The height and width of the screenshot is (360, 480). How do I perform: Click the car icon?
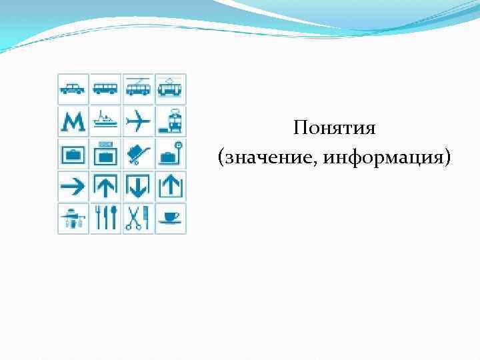(73, 88)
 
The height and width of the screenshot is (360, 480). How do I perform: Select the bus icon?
(105, 88)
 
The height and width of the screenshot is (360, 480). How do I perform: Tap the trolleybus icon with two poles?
(138, 88)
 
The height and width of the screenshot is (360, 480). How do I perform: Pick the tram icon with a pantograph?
(171, 88)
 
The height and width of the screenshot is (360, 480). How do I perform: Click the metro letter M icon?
(73, 121)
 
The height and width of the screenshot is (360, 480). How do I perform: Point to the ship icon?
(105, 121)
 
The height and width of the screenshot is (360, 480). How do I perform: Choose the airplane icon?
(138, 121)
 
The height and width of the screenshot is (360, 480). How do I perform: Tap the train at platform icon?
(171, 121)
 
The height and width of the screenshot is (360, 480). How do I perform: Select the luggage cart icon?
(138, 154)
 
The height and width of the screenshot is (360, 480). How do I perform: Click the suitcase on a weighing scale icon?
(171, 154)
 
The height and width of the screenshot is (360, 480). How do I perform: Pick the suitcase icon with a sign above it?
(105, 154)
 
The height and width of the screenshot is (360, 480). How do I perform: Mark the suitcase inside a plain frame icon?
(73, 154)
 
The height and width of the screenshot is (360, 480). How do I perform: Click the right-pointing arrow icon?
(73, 187)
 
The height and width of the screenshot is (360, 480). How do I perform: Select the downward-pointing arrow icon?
(138, 187)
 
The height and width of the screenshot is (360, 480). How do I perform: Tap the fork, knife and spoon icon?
(105, 219)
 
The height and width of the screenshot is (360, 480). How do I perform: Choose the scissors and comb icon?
(138, 219)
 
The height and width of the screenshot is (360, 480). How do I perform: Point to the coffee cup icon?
(171, 219)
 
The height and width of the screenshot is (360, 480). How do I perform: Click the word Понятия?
(334, 128)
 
